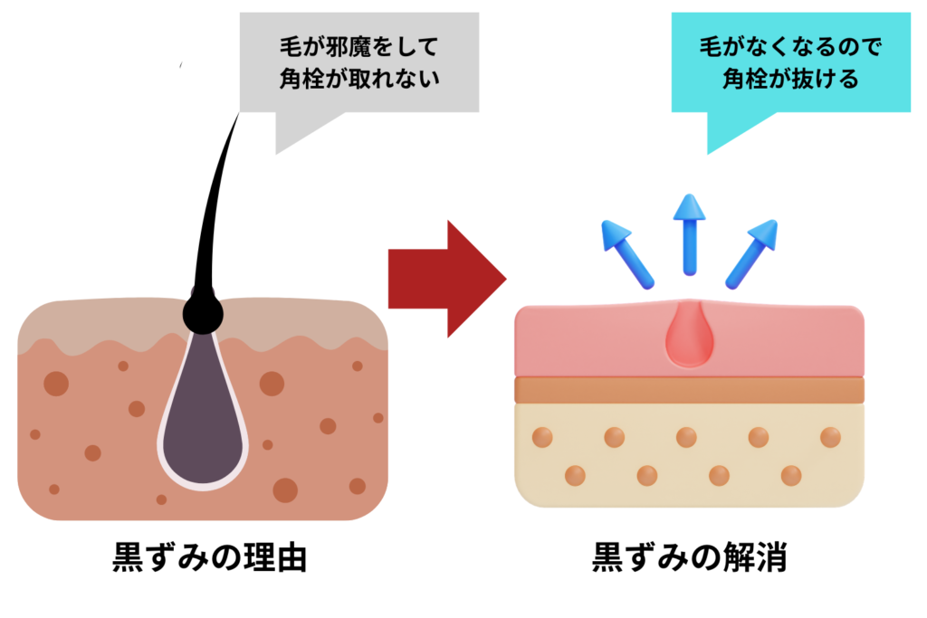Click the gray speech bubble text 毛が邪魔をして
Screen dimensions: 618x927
359,47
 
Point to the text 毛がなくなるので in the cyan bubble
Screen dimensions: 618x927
790,47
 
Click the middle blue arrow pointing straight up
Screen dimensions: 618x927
690,233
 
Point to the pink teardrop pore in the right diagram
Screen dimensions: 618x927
689,337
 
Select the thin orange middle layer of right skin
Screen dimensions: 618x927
689,390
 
